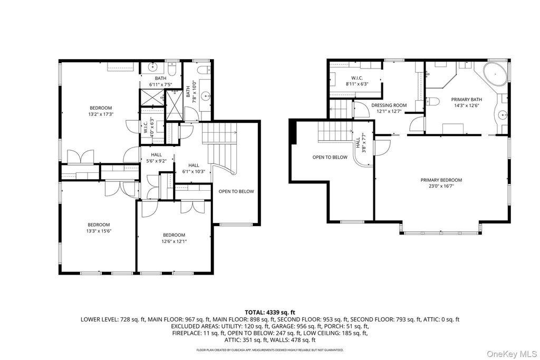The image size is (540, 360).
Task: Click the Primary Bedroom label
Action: pyautogui.click(x=441, y=180)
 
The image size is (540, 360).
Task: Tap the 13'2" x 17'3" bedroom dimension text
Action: pyautogui.click(x=101, y=114)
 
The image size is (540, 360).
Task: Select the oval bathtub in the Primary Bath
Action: pyautogui.click(x=495, y=74)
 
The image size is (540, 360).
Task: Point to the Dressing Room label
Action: pyautogui.click(x=389, y=105)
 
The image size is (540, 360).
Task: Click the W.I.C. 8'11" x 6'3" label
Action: pyautogui.click(x=357, y=81)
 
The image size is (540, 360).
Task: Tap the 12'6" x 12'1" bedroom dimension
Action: pyautogui.click(x=174, y=241)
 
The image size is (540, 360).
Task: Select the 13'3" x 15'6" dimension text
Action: pyautogui.click(x=99, y=231)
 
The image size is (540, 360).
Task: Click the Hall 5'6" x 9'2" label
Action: pyautogui.click(x=156, y=158)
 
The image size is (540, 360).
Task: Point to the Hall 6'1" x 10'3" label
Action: pyautogui.click(x=194, y=168)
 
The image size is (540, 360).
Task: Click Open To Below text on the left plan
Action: pyautogui.click(x=236, y=191)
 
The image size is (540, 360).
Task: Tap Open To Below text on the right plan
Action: pyautogui.click(x=330, y=157)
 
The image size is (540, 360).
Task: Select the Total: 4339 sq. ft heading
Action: pyautogui.click(x=270, y=313)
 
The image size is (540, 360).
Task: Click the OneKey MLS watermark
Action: pyautogui.click(x=512, y=354)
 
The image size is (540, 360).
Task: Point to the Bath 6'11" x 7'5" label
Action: pyautogui.click(x=160, y=81)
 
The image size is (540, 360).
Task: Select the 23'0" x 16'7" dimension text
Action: pyautogui.click(x=441, y=186)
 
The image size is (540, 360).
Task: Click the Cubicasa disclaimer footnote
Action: pyautogui.click(x=270, y=350)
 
